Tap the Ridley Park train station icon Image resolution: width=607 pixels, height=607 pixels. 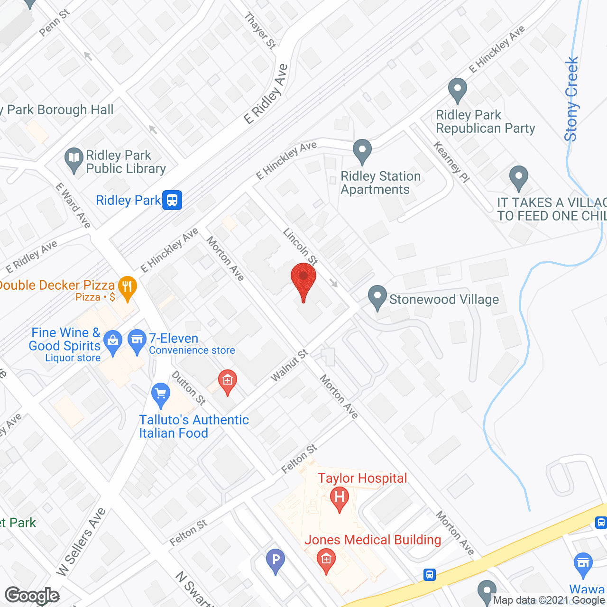172,200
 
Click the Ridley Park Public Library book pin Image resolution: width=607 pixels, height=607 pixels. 74,158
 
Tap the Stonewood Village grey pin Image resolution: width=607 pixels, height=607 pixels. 377,297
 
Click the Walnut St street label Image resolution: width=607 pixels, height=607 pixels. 289,365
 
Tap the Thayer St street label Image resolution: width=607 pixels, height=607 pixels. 260,30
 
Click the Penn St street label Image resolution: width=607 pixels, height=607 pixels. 54,23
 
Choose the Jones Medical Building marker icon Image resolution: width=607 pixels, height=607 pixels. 326,560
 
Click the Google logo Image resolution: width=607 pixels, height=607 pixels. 32,595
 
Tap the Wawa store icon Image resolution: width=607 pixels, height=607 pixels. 583,564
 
